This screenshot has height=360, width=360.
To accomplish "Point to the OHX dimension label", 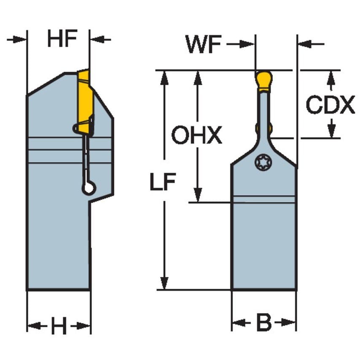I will pyautogui.click(x=196, y=136).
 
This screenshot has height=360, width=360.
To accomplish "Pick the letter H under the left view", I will pyautogui.click(x=59, y=326).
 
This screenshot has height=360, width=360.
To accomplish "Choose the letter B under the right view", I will pyautogui.click(x=264, y=323).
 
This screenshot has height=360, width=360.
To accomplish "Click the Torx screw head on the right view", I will pyautogui.click(x=263, y=162).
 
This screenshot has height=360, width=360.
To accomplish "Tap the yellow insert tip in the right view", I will pyautogui.click(x=264, y=80).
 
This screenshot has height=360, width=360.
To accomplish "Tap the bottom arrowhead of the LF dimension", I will pyautogui.click(x=164, y=283).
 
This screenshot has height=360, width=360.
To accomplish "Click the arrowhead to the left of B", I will pyautogui.click(x=237, y=323).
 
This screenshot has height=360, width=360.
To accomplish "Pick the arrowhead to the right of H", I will pyautogui.click(x=85, y=326).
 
